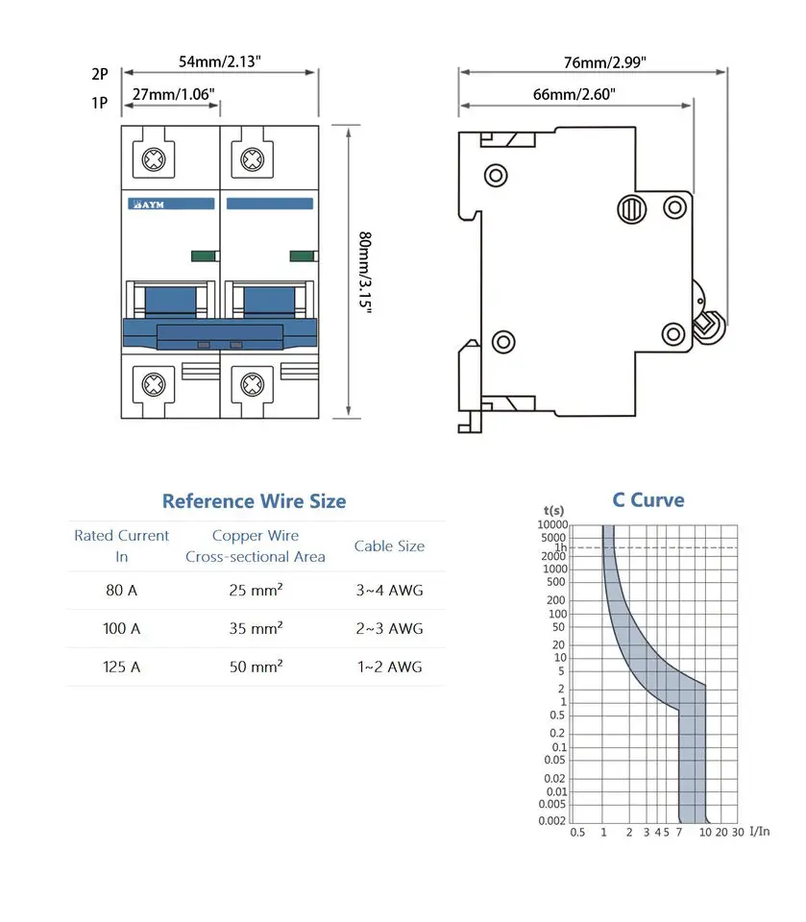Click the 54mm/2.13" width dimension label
click(220, 61)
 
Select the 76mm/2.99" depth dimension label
click(604, 62)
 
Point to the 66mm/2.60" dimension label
click(574, 94)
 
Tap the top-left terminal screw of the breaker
click(153, 159)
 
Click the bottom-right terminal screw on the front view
click(253, 384)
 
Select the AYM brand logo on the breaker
click(149, 205)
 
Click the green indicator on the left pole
click(204, 255)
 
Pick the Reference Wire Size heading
click(254, 501)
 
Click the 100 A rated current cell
click(122, 629)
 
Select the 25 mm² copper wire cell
click(255, 591)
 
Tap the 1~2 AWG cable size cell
click(388, 667)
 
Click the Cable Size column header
click(388, 546)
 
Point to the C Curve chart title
click(648, 500)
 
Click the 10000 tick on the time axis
click(552, 524)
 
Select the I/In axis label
click(759, 831)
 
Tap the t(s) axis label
click(553, 510)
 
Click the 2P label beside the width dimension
click(100, 72)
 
